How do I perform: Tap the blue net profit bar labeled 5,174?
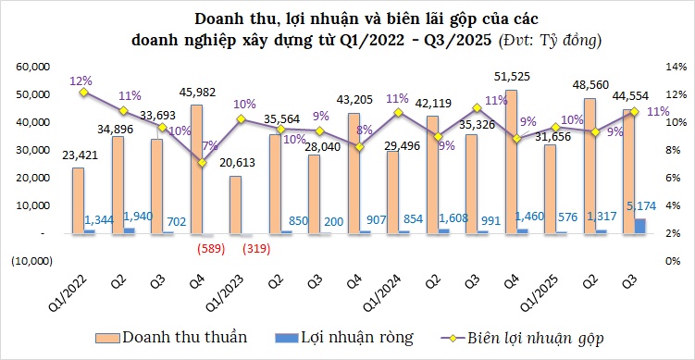(x=640, y=225)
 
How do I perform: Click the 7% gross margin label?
(x=209, y=145)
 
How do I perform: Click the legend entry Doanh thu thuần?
(x=185, y=337)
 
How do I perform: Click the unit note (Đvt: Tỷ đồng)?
(x=550, y=41)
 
